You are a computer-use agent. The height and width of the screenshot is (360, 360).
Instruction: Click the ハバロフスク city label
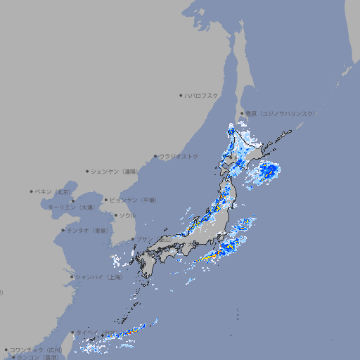202,95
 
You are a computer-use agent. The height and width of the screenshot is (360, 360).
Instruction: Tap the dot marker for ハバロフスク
181,95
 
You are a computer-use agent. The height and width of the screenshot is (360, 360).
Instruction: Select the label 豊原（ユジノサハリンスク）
281,113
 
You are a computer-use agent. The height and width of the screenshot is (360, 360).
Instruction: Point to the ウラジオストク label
179,156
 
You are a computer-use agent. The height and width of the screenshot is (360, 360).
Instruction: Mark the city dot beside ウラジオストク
155,156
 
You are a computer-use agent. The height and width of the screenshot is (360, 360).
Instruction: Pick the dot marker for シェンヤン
88,171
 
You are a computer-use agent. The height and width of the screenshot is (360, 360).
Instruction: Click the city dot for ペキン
32,191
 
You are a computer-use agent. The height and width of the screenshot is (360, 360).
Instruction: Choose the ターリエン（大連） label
71,207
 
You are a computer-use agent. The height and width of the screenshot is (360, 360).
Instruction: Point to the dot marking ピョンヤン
107,200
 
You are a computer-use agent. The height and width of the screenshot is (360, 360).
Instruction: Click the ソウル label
127,215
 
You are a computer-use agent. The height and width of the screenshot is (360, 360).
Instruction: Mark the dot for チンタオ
63,230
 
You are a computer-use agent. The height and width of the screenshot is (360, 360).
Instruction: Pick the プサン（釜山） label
154,240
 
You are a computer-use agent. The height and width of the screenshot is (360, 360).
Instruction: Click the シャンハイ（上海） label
98,277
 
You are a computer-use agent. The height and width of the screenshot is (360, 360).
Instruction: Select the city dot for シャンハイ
72,277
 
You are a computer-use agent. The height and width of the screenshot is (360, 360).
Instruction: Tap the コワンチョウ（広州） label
35,349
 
